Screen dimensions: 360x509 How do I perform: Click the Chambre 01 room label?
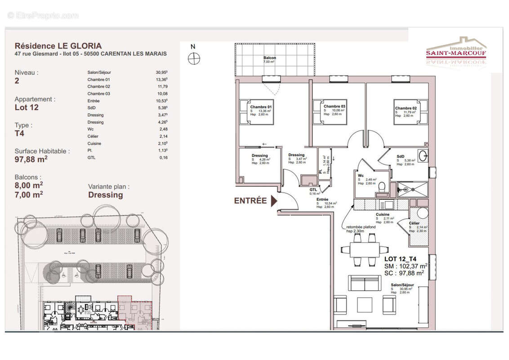(261, 107)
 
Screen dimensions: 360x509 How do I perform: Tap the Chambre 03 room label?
(335, 106)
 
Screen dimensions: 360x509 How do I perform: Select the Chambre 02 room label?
(406, 108)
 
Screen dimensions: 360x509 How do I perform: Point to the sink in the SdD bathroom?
(423, 156)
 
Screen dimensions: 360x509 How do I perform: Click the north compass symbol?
(193, 58)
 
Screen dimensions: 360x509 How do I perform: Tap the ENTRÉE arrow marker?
(273, 201)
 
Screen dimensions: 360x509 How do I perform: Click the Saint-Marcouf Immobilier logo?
(456, 51)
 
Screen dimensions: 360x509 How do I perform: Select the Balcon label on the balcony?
(270, 58)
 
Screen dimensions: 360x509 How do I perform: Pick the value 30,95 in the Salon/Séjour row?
(158, 72)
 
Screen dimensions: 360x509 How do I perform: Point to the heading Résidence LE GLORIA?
(58, 46)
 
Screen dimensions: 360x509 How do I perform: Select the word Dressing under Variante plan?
(105, 195)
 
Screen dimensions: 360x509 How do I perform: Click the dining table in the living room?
(364, 249)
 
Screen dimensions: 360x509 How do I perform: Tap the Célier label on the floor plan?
(414, 223)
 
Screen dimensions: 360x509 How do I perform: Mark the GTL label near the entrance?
(313, 190)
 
